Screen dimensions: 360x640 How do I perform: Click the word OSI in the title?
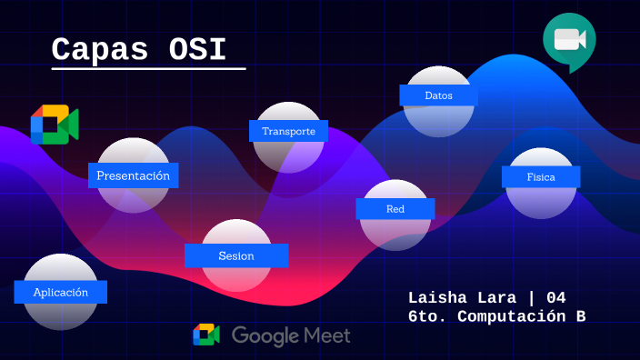[x=198, y=49]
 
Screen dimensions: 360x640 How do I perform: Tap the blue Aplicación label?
[x=61, y=292]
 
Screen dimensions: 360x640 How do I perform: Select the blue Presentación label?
[x=133, y=175]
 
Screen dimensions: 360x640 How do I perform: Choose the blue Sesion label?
[x=236, y=255]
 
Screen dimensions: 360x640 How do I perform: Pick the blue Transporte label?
[x=288, y=131]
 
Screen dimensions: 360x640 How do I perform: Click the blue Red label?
[x=395, y=209]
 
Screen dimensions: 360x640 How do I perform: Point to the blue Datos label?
[x=438, y=95]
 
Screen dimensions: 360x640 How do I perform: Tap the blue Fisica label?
[x=541, y=176]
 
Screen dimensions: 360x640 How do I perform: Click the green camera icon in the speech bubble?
[x=570, y=40]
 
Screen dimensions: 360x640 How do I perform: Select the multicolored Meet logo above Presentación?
[x=55, y=125]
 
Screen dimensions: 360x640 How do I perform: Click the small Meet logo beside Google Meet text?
[x=206, y=335]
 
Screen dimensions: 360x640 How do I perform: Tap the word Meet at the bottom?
[x=327, y=335]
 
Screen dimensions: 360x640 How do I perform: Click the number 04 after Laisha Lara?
[x=556, y=298]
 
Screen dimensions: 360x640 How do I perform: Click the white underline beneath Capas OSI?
[x=148, y=69]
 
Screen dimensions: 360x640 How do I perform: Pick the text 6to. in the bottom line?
[x=427, y=316]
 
